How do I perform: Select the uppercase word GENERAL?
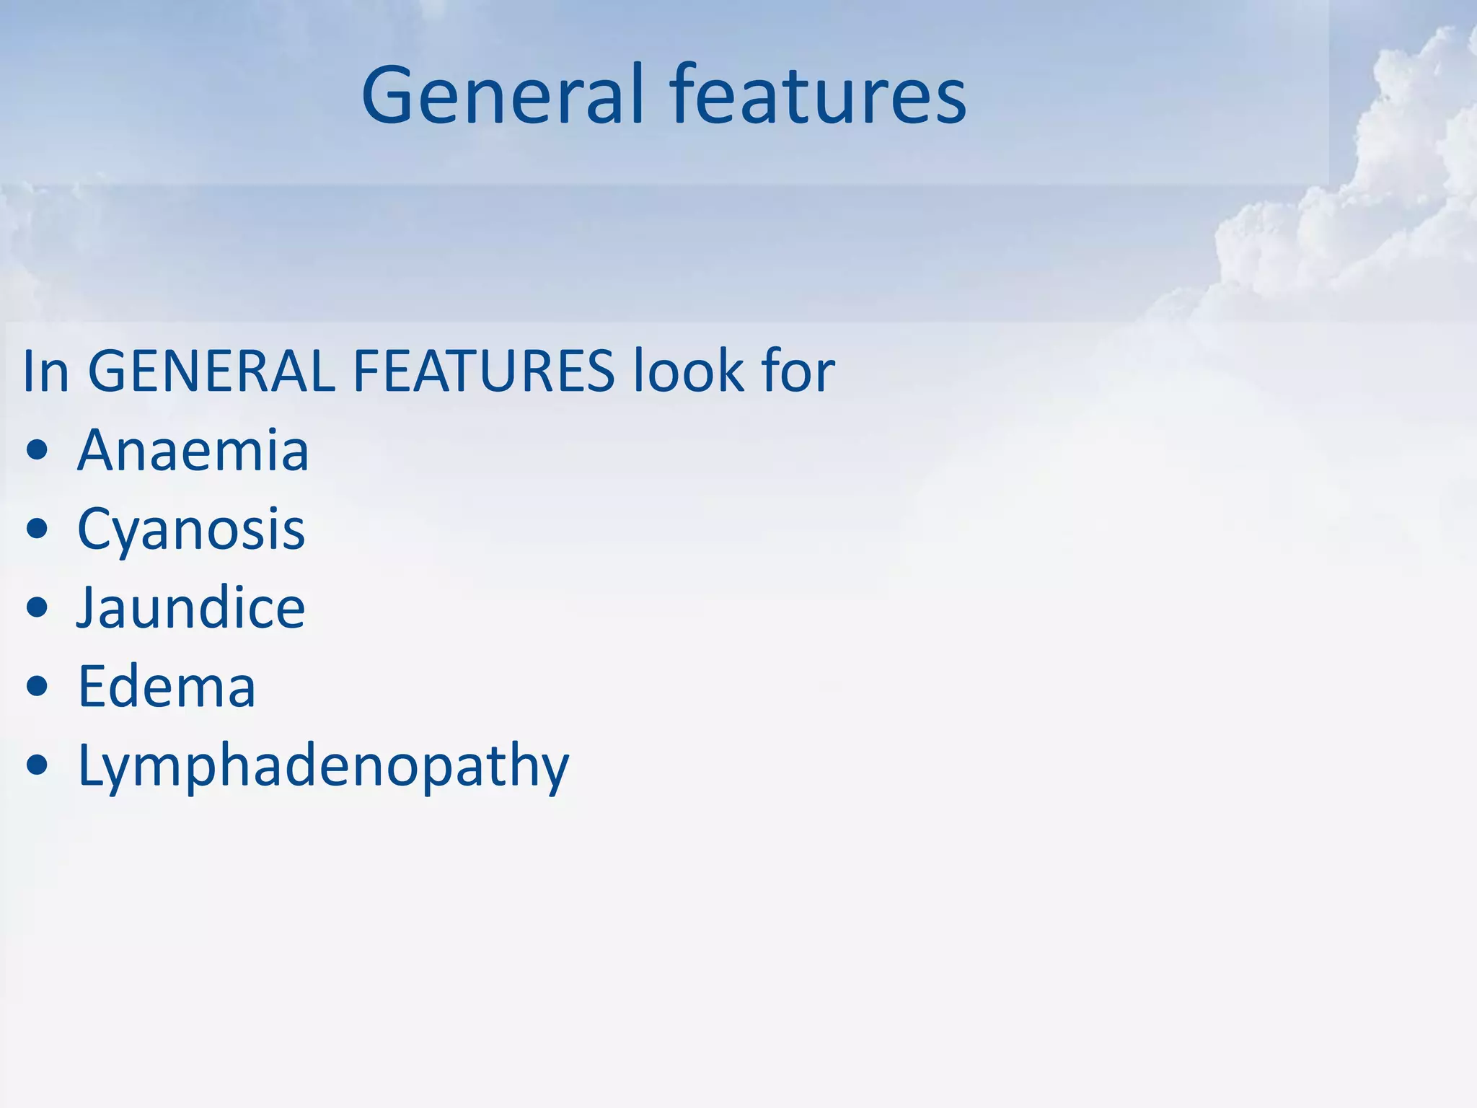click(x=211, y=371)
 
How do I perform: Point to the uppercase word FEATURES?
click(x=483, y=371)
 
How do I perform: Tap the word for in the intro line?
click(x=797, y=371)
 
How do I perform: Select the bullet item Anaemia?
click(x=193, y=450)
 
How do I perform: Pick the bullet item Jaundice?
click(x=191, y=608)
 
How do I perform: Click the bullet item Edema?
click(x=167, y=686)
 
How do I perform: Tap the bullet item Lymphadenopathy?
click(x=323, y=766)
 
